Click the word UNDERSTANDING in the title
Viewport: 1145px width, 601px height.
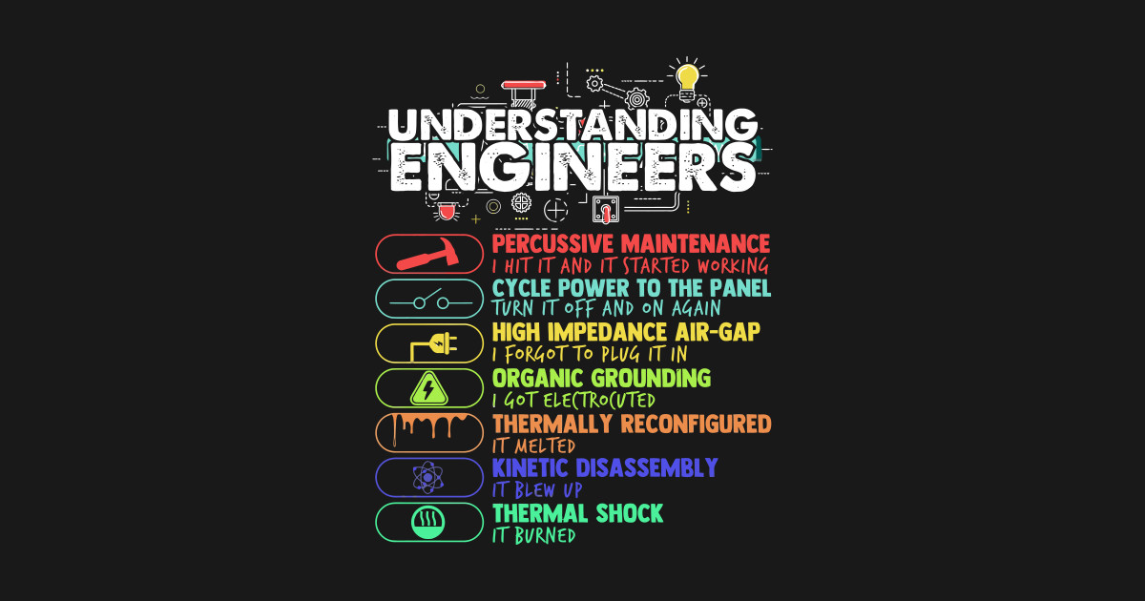click(x=572, y=125)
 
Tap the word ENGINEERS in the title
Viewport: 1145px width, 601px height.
click(x=572, y=168)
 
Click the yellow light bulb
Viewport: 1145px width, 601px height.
click(x=686, y=75)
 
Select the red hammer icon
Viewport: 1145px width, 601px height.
click(x=429, y=255)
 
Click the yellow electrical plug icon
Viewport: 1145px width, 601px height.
click(x=431, y=344)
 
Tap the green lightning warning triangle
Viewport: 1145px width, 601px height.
click(x=429, y=388)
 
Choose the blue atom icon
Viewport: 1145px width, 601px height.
click(x=429, y=477)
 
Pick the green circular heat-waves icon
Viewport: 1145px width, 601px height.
click(x=429, y=522)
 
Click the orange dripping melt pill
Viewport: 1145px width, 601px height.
click(x=429, y=432)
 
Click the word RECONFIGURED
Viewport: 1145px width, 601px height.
click(x=697, y=423)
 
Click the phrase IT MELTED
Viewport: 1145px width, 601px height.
click(x=533, y=446)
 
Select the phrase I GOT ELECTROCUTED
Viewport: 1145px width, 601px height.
click(x=573, y=401)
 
